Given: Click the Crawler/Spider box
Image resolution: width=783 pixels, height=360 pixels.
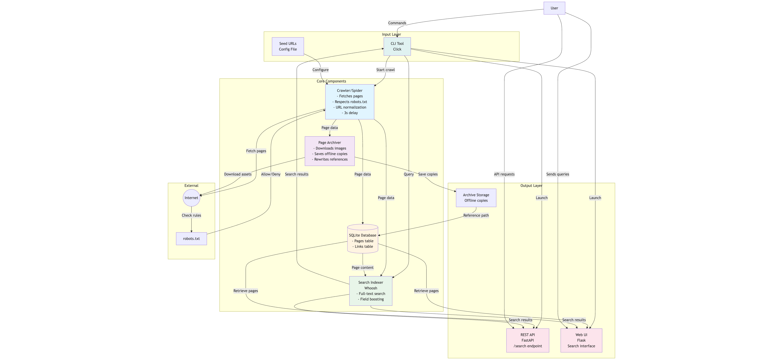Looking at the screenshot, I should [x=349, y=102].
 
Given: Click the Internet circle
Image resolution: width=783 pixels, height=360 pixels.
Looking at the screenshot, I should [x=191, y=198].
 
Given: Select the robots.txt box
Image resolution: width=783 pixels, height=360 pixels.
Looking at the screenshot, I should [x=191, y=239].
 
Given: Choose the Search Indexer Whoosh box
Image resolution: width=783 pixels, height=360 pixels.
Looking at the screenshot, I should [x=371, y=291].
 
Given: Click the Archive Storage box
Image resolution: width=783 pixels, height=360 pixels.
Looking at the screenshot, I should [x=476, y=198].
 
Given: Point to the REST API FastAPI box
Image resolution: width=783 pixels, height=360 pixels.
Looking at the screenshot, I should [x=528, y=340].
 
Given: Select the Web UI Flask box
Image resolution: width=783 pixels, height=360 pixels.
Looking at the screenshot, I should [x=581, y=340].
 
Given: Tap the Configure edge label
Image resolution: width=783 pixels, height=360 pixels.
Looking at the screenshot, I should [x=320, y=70].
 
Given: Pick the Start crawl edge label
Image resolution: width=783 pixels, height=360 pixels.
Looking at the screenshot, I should [x=385, y=70].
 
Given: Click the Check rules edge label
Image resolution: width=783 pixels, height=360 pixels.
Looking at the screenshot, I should [x=191, y=215].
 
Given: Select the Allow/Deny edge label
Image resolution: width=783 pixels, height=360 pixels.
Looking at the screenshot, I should [x=270, y=174].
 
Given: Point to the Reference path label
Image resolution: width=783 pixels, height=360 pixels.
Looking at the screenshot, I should [x=476, y=215].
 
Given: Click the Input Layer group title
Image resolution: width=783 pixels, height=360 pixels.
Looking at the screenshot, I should [x=391, y=34].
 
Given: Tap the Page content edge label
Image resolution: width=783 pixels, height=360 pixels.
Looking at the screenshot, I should [x=363, y=268].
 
